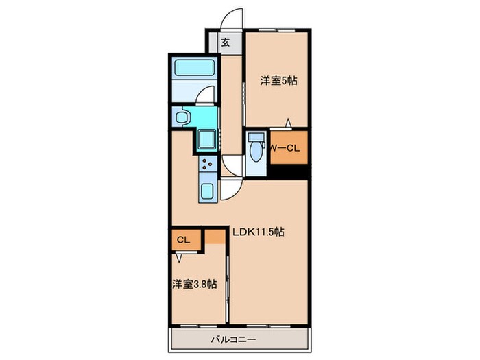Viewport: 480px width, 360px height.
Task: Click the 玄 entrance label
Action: (226, 43)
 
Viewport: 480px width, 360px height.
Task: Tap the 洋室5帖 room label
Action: (278, 81)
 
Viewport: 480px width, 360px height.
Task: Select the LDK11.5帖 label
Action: (259, 232)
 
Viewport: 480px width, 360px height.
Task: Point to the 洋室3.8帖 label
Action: (194, 285)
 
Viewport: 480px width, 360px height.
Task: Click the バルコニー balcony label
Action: (234, 339)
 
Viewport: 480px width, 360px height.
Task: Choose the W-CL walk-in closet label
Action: (286, 148)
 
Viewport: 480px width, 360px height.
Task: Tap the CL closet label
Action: (183, 240)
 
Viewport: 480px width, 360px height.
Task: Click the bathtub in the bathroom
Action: (194, 67)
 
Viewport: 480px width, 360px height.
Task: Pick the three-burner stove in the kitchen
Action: (208, 164)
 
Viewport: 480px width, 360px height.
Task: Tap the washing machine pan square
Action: (206, 141)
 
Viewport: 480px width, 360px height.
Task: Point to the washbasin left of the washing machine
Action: (183, 117)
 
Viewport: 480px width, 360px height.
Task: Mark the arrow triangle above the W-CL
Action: (288, 123)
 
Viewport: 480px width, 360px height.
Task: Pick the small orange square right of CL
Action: (215, 237)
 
